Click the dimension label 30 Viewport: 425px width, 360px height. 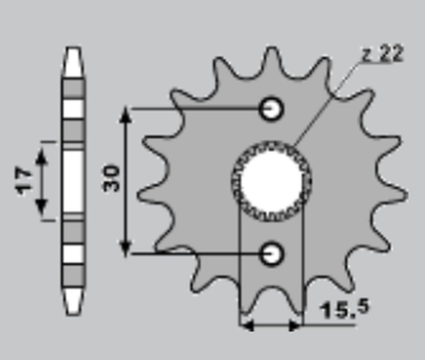click(x=112, y=178)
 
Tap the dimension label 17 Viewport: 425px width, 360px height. click(x=23, y=181)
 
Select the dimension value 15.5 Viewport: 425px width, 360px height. click(x=345, y=309)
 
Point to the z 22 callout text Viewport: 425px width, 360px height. click(x=382, y=54)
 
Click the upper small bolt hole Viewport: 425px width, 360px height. click(x=272, y=108)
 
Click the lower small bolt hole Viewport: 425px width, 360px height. click(x=272, y=253)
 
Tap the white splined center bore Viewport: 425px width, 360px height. click(x=272, y=181)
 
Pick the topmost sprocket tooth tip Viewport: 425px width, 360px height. click(x=272, y=48)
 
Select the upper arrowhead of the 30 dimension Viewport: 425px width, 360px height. click(x=126, y=114)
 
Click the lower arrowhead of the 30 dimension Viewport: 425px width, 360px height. click(x=126, y=248)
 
